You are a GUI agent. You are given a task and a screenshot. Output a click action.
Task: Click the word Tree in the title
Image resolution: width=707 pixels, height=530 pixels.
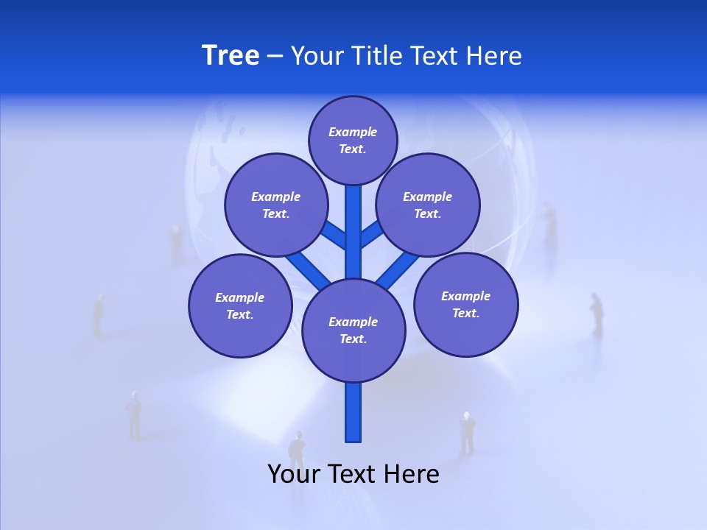[231, 55]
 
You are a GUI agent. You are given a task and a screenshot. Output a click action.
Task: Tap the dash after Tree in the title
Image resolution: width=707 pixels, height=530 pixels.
[275, 57]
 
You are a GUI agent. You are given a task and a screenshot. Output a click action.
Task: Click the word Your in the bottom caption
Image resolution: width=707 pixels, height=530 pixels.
[293, 474]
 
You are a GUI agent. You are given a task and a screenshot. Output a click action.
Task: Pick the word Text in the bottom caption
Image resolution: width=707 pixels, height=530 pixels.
[351, 474]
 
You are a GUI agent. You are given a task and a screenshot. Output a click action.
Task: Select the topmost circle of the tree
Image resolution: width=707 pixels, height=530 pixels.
[353, 140]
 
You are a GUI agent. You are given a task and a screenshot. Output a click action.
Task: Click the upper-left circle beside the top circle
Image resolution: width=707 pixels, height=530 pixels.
[275, 205]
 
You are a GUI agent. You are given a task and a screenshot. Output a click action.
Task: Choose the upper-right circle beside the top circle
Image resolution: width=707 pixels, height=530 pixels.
[428, 205]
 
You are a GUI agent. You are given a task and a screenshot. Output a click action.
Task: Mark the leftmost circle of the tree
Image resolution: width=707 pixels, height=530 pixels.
[240, 305]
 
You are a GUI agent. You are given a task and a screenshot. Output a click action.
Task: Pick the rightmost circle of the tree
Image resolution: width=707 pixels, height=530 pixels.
[465, 304]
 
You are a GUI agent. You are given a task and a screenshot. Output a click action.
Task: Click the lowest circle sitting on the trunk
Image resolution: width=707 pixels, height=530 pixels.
[353, 331]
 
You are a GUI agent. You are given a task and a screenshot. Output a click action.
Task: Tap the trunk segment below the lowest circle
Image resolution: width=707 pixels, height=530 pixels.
[353, 412]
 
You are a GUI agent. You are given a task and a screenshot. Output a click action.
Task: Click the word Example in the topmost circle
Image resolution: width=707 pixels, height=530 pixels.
[353, 132]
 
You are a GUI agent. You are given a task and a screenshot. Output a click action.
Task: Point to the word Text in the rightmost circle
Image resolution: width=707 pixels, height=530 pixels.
[465, 313]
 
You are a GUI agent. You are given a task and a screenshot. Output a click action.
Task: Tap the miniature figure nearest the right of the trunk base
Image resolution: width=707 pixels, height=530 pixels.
[467, 433]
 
